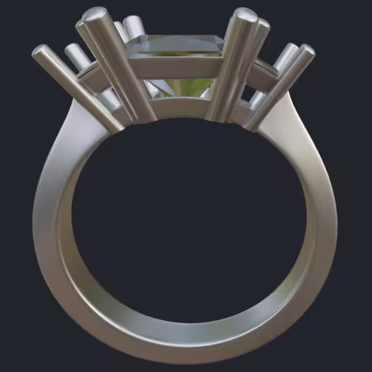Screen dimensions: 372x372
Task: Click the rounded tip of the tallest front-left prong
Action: (95, 15)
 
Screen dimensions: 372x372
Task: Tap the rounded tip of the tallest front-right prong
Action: (245, 15)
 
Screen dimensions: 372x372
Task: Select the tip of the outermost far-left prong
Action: (40, 52)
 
